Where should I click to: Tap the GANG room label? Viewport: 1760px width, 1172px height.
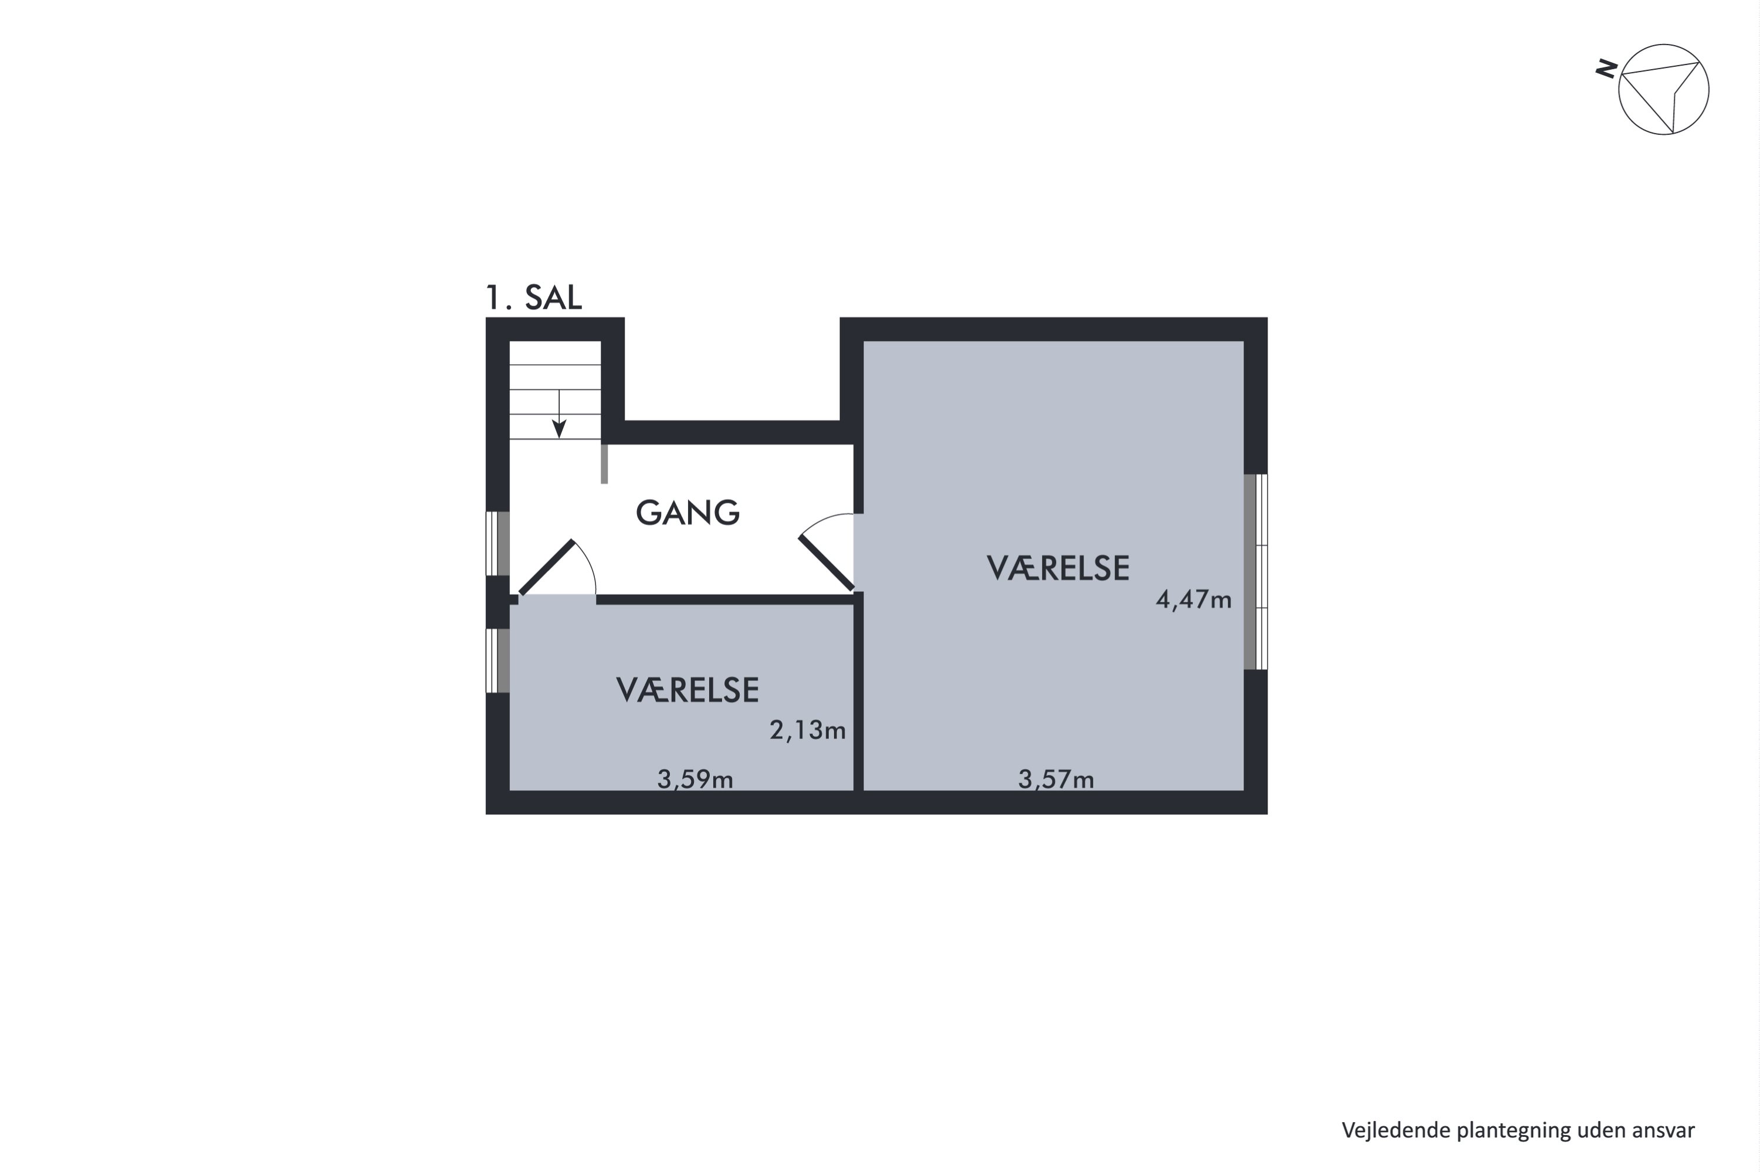pyautogui.click(x=688, y=513)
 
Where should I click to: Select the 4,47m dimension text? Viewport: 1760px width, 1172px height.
pyautogui.click(x=1193, y=599)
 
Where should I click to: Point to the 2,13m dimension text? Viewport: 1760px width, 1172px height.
pyautogui.click(x=808, y=730)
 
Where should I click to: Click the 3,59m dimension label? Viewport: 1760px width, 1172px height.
pyautogui.click(x=695, y=780)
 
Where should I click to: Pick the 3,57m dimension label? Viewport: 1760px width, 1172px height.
pyautogui.click(x=1056, y=780)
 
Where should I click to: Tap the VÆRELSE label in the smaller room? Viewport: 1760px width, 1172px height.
pyautogui.click(x=688, y=690)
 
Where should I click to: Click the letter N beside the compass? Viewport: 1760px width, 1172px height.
pyautogui.click(x=1606, y=70)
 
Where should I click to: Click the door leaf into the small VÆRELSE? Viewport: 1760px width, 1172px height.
pyautogui.click(x=546, y=567)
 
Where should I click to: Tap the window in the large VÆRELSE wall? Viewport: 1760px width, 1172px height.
pyautogui.click(x=1255, y=572)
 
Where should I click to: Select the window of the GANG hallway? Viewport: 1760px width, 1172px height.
pyautogui.click(x=497, y=543)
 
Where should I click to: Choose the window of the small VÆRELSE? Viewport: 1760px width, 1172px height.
pyautogui.click(x=497, y=660)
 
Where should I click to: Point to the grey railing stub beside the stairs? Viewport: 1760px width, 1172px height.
pyautogui.click(x=604, y=463)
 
